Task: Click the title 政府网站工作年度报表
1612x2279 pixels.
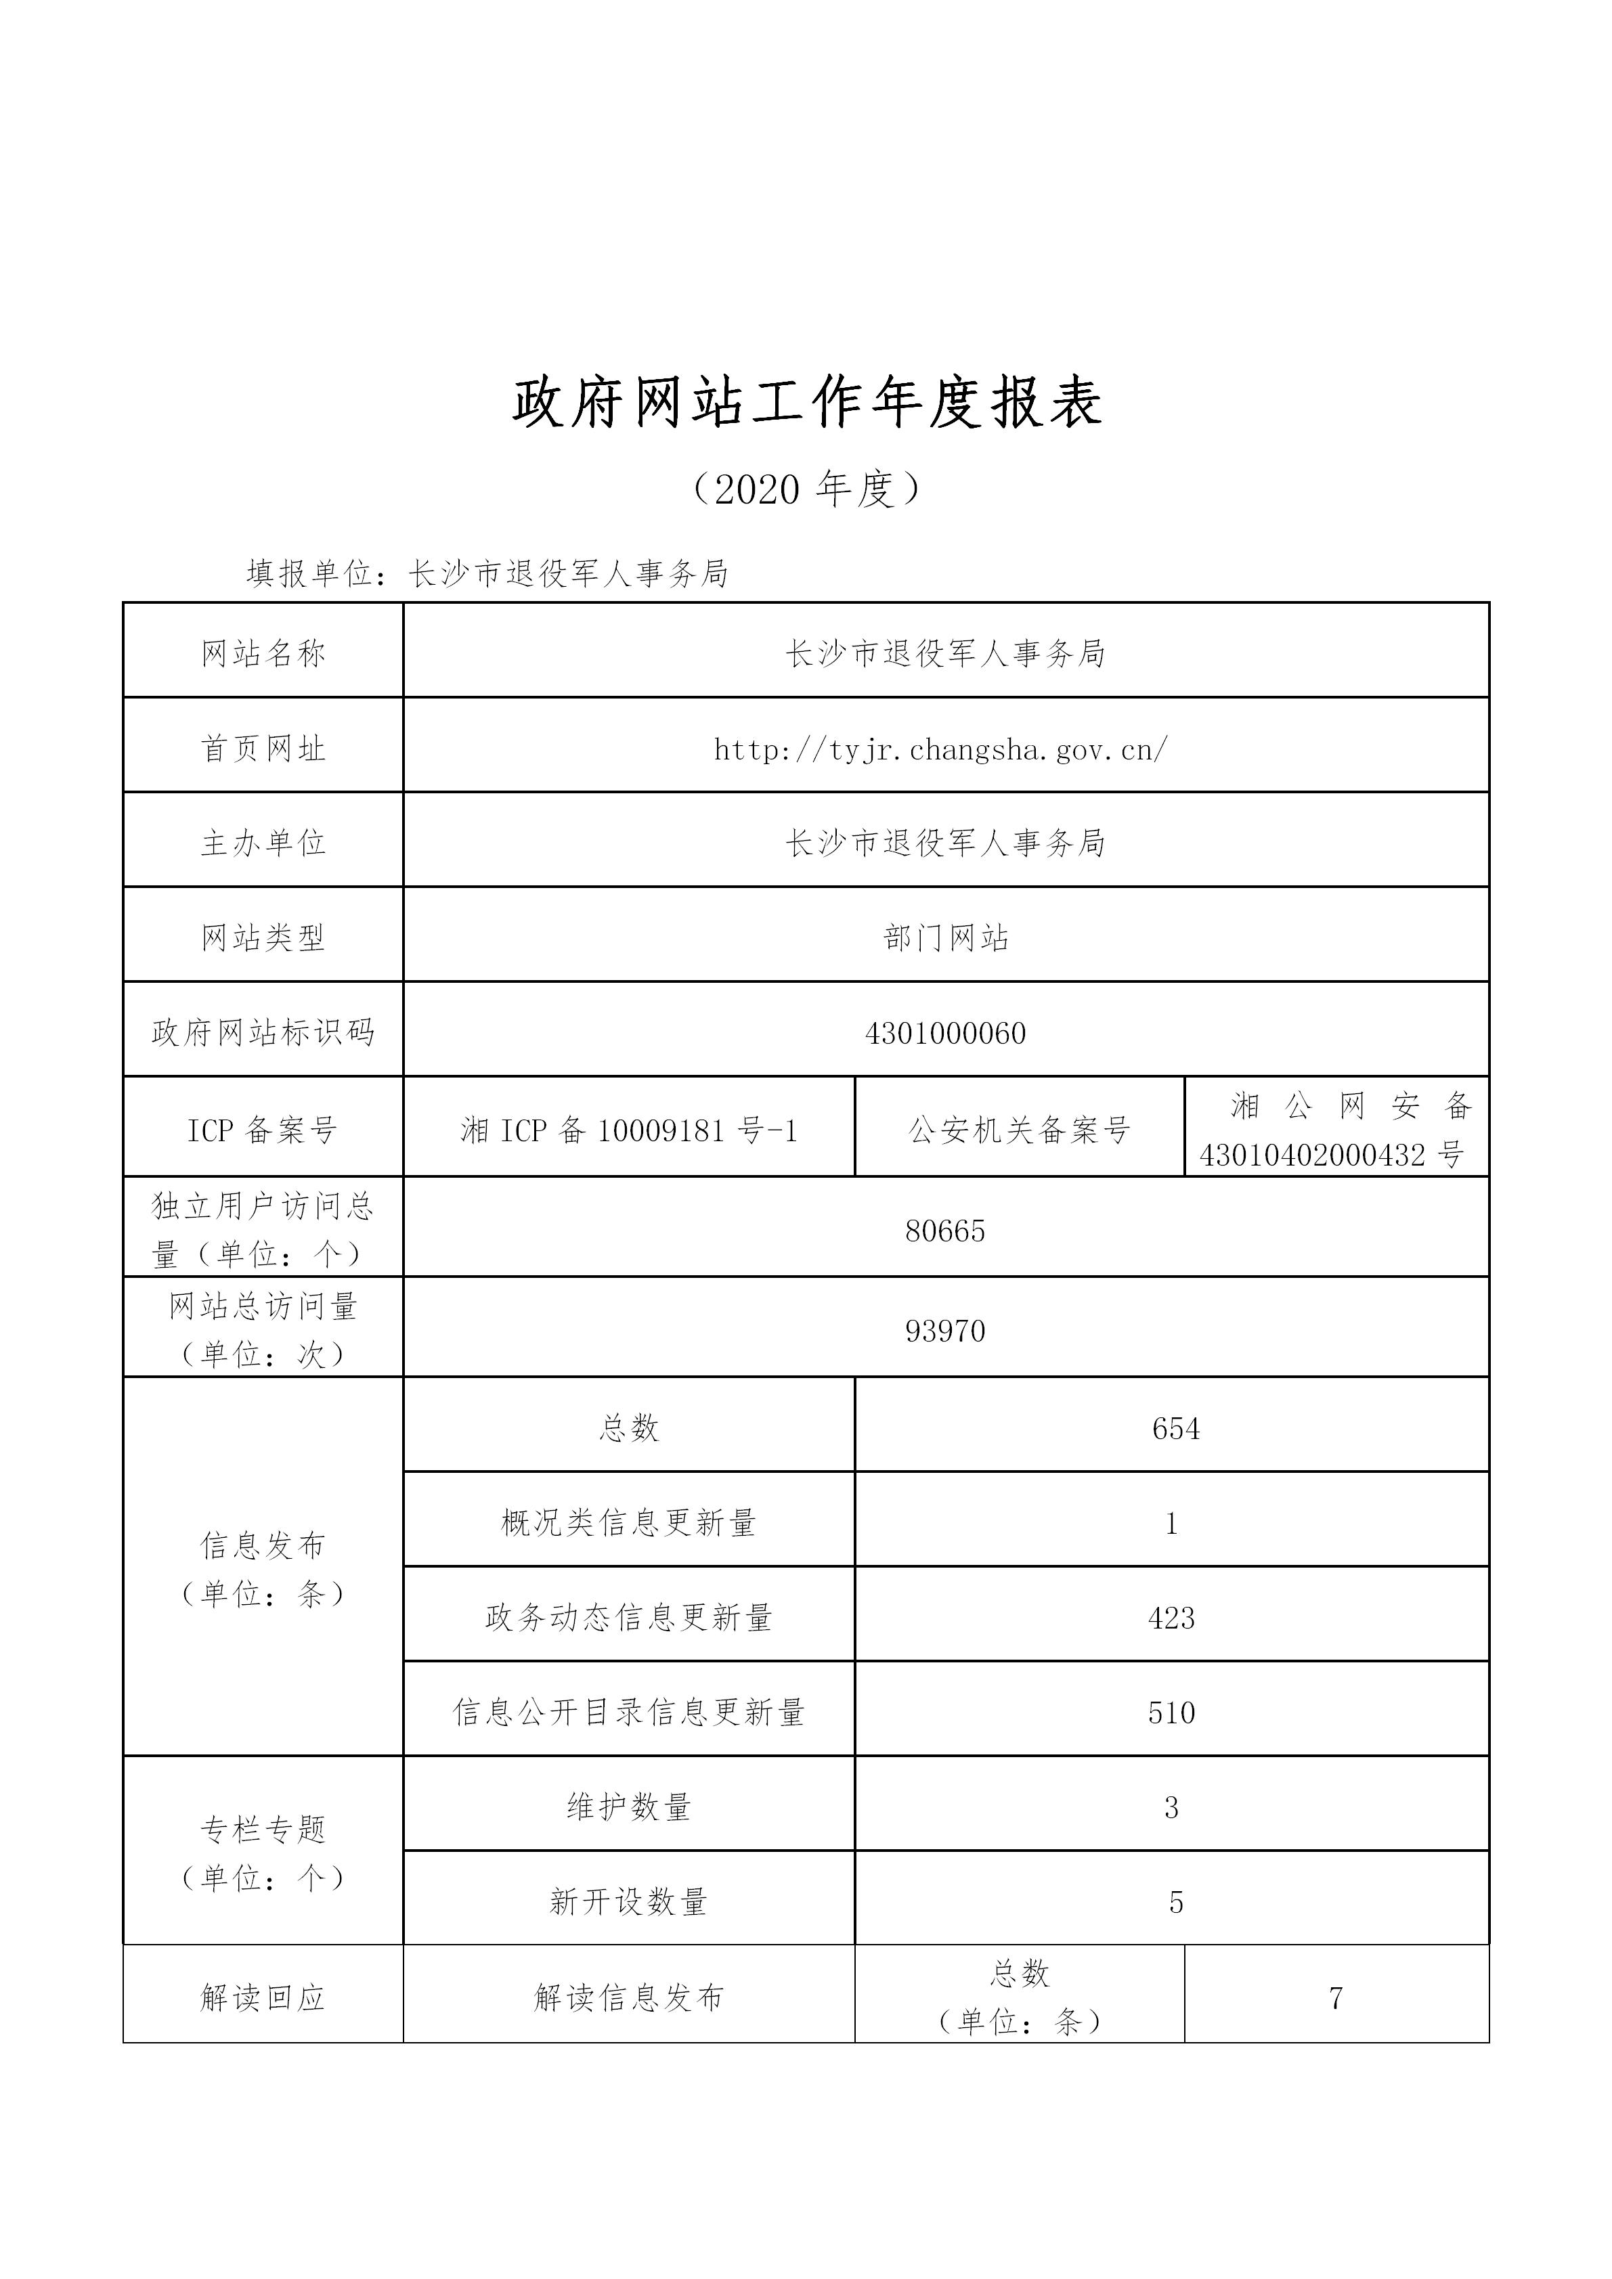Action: point(806,403)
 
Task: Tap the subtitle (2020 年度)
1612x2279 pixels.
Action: point(806,489)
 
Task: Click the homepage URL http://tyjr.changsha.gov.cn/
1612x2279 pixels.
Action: point(941,749)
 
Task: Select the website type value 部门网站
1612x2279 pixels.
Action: point(945,938)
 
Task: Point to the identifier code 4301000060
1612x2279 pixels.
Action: point(945,1034)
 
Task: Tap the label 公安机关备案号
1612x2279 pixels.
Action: point(1020,1130)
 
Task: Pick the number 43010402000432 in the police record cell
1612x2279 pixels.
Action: point(1312,1154)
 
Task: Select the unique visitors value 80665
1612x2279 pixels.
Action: point(945,1231)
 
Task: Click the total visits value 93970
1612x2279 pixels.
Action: point(945,1330)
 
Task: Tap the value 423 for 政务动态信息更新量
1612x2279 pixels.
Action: point(1171,1618)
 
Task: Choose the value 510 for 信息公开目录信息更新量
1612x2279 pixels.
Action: point(1171,1712)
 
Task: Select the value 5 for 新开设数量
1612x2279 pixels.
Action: point(1175,1902)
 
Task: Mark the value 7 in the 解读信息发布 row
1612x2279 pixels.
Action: point(1336,1997)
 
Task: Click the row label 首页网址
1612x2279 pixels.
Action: point(263,749)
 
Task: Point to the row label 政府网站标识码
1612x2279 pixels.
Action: point(263,1034)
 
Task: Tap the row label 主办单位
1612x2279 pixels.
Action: point(263,843)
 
